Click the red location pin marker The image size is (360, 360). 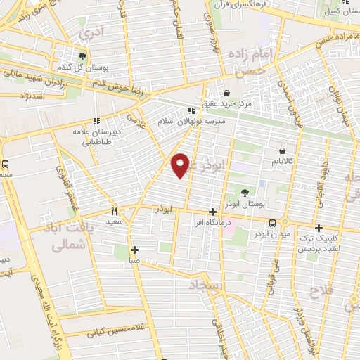click(x=181, y=165)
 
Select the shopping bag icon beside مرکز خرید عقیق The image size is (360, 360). click(x=226, y=93)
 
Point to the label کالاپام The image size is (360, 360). click(x=281, y=161)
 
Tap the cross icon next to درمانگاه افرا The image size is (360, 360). click(x=213, y=212)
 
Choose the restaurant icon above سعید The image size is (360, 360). click(x=114, y=210)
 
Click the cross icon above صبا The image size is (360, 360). click(x=134, y=249)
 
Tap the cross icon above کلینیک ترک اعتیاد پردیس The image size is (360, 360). click(x=319, y=228)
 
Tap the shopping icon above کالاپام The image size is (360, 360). click(x=282, y=150)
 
